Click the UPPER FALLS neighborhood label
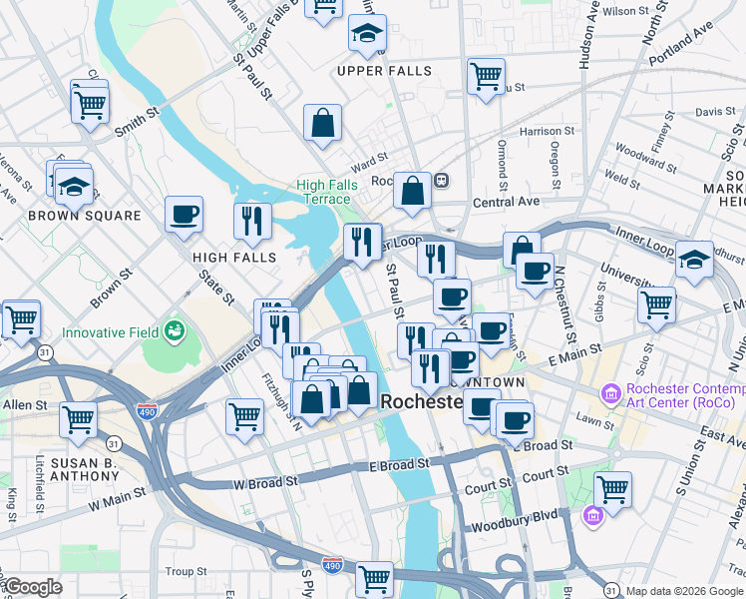pyautogui.click(x=384, y=71)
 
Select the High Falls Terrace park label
pyautogui.click(x=323, y=192)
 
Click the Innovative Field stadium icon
pyautogui.click(x=176, y=329)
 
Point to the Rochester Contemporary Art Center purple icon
pyautogui.click(x=610, y=396)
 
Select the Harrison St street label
pyautogui.click(x=547, y=131)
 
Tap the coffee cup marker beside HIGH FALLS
pyautogui.click(x=184, y=216)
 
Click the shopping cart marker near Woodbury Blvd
pyautogui.click(x=612, y=490)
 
